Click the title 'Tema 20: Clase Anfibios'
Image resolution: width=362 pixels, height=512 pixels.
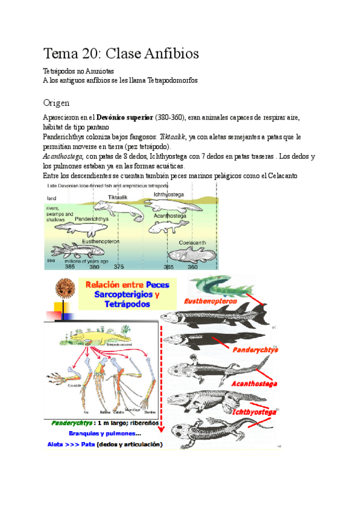pos(121,53)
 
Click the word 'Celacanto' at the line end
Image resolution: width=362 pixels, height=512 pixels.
pos(293,176)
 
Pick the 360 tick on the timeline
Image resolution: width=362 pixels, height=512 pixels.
pos(192,266)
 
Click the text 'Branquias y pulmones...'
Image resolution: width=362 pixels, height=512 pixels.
pos(105,433)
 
